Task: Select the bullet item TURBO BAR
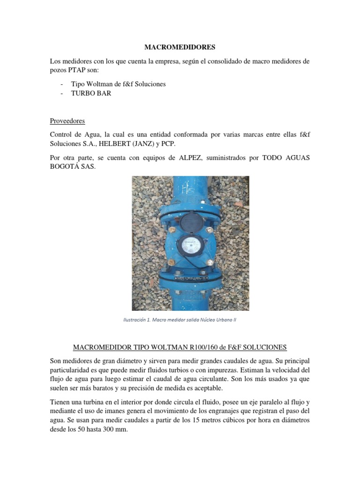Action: pyautogui.click(x=91, y=93)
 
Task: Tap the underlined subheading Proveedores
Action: pyautogui.click(x=67, y=120)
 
